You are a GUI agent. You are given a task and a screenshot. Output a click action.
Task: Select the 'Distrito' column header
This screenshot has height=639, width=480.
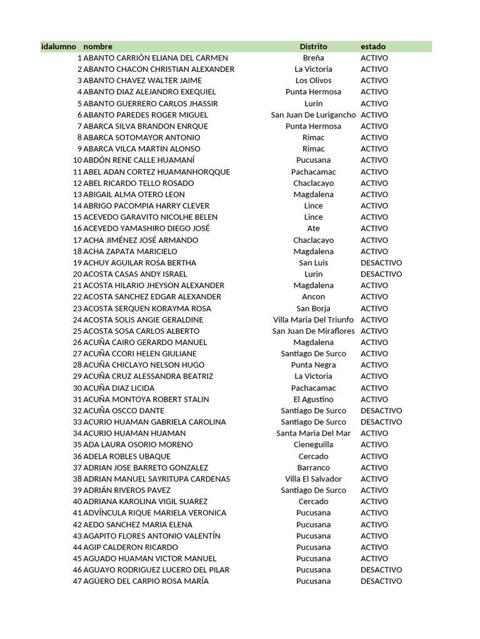pos(313,47)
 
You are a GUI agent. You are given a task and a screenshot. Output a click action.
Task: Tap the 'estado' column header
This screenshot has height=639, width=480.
pos(373,47)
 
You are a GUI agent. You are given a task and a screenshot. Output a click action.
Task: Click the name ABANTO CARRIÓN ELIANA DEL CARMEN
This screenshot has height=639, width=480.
pos(156,58)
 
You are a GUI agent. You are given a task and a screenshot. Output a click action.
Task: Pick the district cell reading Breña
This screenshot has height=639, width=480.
pos(313,58)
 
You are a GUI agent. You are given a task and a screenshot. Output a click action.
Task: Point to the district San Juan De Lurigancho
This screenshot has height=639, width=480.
pos(313,115)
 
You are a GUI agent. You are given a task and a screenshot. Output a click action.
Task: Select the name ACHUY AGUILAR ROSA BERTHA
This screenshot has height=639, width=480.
pos(139,263)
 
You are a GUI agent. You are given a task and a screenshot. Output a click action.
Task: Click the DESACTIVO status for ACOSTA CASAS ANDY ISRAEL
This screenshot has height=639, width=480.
pos(381,274)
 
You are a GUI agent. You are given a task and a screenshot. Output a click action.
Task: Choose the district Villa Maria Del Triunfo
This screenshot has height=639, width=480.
pos(313,319)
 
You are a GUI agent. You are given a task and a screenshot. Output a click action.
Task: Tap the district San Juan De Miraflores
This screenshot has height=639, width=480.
pos(313,331)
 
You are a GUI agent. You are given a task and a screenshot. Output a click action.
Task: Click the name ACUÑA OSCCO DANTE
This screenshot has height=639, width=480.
pos(124,411)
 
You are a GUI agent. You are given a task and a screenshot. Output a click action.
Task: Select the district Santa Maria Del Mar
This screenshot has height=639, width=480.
pos(313,433)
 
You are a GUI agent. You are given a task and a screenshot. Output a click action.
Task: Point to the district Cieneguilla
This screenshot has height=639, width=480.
pos(313,444)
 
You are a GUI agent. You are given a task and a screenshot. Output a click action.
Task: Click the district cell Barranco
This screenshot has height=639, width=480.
pos(313,467)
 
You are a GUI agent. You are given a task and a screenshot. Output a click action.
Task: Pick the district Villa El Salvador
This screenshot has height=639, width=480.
pos(313,479)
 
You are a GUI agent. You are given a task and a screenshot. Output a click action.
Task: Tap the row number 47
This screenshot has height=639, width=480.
pos(77,581)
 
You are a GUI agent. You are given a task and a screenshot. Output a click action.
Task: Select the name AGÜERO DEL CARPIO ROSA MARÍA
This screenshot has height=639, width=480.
pos(146,581)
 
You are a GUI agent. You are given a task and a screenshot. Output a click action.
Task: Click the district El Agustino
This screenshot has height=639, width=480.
pos(313,399)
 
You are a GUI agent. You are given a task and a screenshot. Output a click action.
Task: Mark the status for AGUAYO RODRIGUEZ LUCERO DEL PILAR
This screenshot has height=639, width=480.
pos(381,570)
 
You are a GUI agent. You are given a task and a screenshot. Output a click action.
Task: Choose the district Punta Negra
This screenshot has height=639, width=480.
pos(313,365)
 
